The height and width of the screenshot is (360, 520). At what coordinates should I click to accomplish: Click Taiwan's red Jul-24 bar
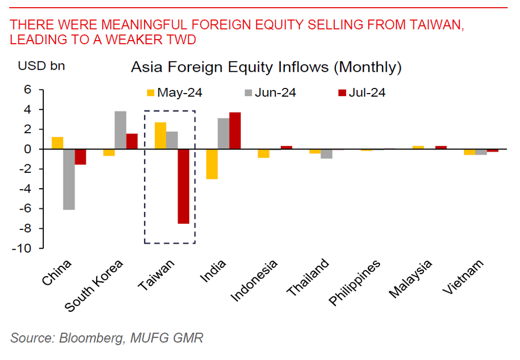pyautogui.click(x=183, y=186)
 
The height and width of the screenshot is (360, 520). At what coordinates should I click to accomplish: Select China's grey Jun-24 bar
pyautogui.click(x=69, y=179)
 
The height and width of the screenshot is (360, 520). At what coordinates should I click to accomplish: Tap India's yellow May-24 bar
pyautogui.click(x=212, y=164)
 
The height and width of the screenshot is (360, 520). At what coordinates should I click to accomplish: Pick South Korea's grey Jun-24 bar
pyautogui.click(x=121, y=130)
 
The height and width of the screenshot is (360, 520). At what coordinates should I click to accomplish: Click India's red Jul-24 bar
pyautogui.click(x=235, y=131)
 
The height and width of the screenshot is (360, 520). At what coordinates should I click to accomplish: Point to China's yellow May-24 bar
pyautogui.click(x=57, y=143)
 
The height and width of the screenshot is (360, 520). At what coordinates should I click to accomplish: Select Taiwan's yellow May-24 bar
pyautogui.click(x=160, y=136)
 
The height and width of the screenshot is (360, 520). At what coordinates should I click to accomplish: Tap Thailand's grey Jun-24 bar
pyautogui.click(x=327, y=154)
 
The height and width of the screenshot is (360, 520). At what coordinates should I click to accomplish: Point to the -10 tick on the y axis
pyautogui.click(x=30, y=249)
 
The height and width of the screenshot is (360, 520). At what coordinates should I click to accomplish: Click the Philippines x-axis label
pyautogui.click(x=355, y=283)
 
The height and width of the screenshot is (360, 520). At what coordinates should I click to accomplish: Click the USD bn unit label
pyautogui.click(x=41, y=66)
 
